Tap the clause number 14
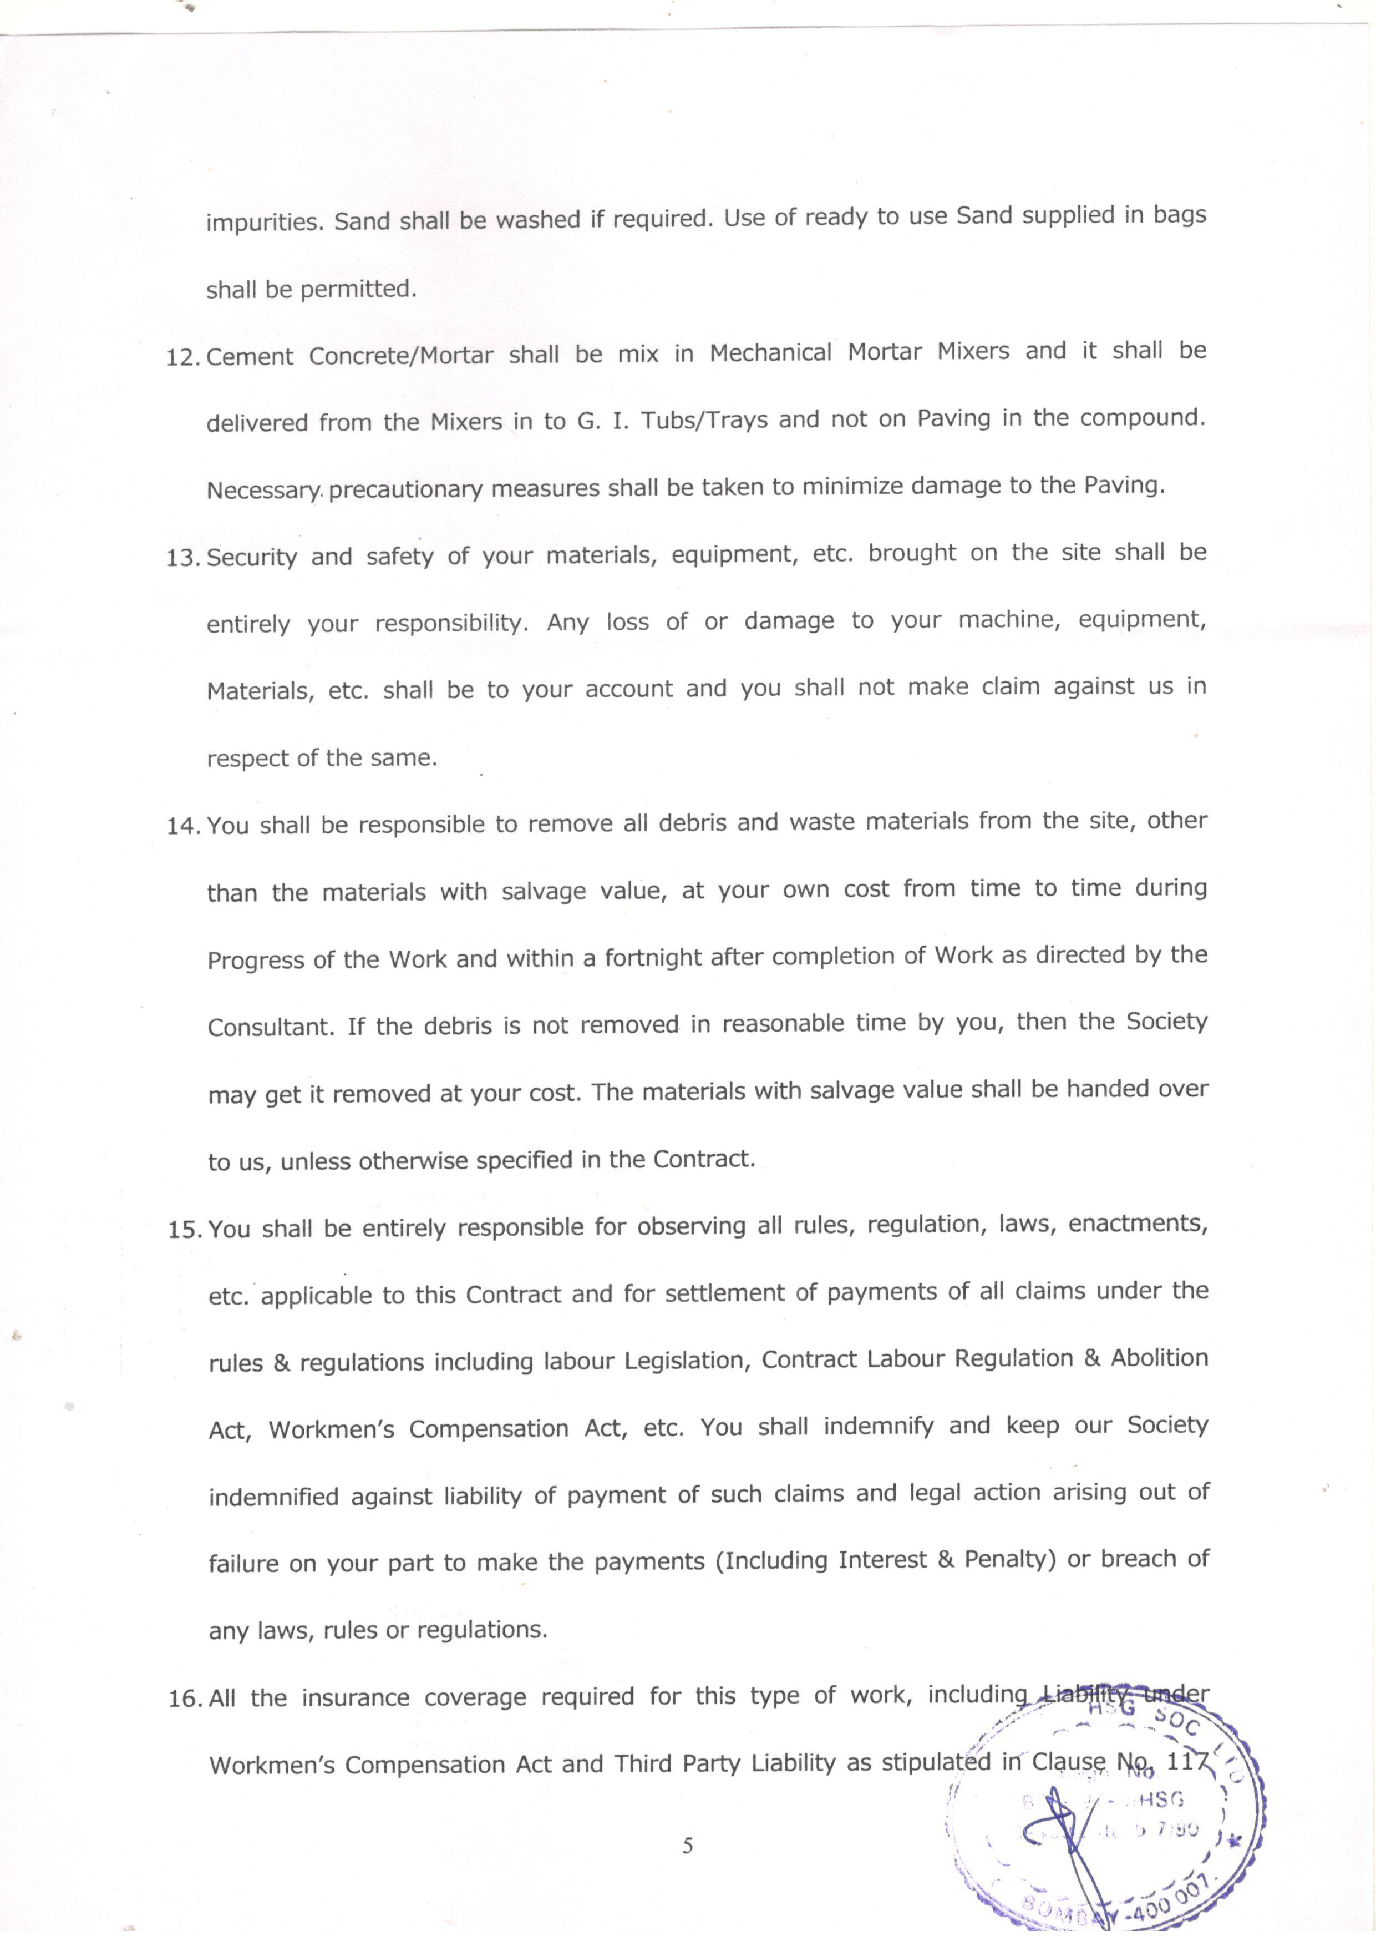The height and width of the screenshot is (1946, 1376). (181, 826)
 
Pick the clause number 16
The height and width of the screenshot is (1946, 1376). (183, 1700)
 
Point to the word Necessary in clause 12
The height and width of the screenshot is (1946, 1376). (263, 491)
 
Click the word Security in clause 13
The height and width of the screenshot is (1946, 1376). (252, 558)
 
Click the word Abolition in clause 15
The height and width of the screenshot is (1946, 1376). (1159, 1358)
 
